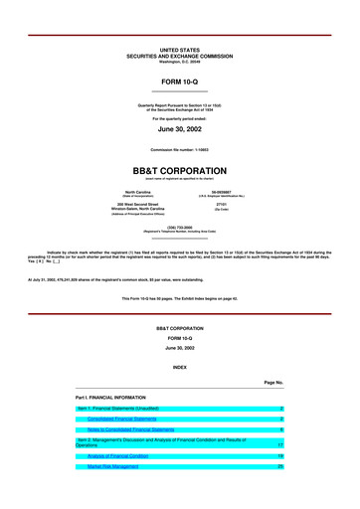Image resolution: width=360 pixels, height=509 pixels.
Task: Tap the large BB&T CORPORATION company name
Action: click(180, 170)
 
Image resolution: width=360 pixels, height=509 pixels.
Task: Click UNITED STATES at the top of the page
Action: click(180, 49)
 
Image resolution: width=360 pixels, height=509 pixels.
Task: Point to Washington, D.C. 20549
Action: click(180, 59)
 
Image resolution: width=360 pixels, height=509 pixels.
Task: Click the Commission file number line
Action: click(180, 149)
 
